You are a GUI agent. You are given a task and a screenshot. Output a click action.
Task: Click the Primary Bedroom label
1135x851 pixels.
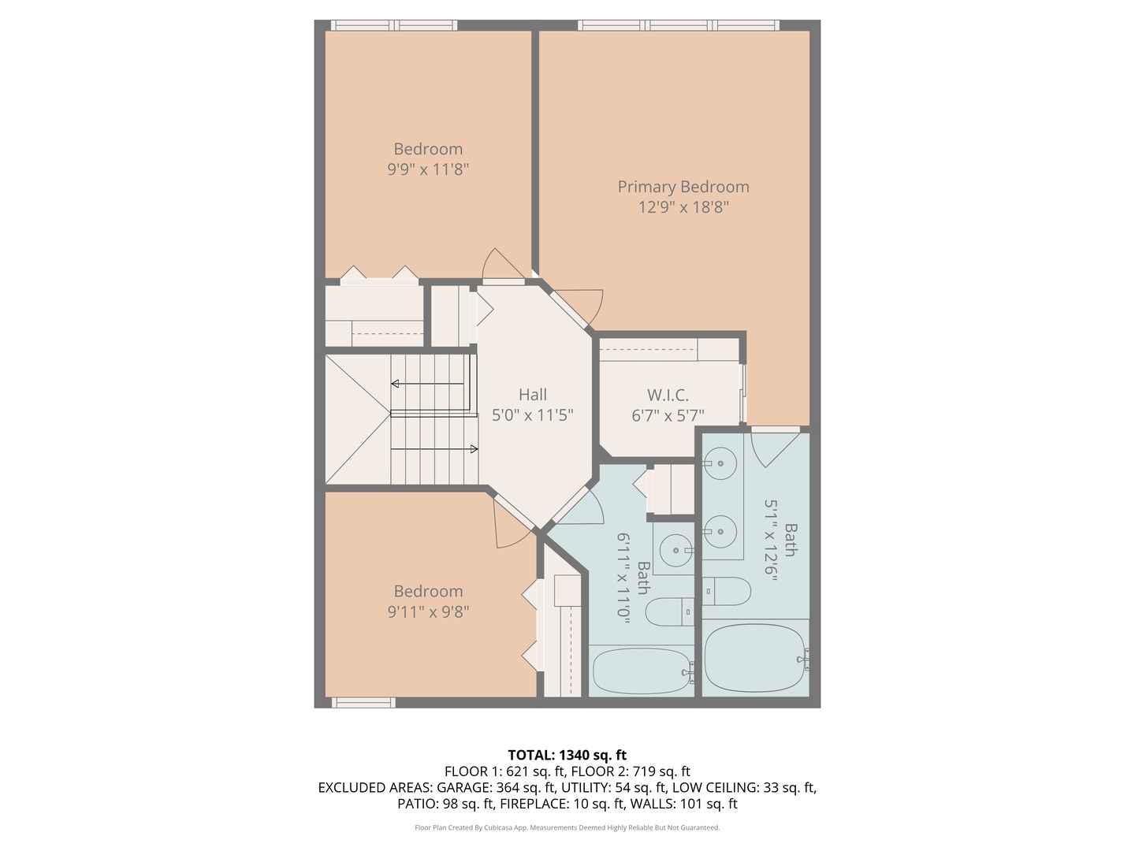(683, 187)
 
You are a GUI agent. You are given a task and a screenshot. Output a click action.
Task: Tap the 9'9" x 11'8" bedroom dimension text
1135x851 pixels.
(428, 169)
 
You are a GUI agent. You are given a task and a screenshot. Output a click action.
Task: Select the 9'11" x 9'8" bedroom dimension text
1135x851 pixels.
(428, 611)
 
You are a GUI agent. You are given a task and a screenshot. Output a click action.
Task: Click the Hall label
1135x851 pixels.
(533, 395)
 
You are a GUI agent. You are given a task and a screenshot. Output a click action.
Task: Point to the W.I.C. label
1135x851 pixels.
(668, 395)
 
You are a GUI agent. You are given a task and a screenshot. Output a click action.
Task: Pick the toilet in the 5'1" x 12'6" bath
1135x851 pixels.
(726, 591)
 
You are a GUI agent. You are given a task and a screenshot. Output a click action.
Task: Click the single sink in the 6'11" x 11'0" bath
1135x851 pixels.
(675, 550)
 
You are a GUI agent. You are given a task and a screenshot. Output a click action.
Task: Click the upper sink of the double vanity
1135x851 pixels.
(720, 463)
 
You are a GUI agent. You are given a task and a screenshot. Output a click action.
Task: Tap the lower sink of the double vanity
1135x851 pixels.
(720, 531)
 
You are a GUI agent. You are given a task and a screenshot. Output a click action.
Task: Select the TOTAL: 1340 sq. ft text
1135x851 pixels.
(567, 755)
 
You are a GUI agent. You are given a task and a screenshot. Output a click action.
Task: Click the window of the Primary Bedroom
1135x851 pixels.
(678, 25)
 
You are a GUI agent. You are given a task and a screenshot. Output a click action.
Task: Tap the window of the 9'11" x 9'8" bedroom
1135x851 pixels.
(363, 702)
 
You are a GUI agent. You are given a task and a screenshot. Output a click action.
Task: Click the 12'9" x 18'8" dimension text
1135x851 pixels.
(683, 207)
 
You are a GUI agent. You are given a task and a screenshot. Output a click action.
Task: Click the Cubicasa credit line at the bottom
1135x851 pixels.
(567, 827)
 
